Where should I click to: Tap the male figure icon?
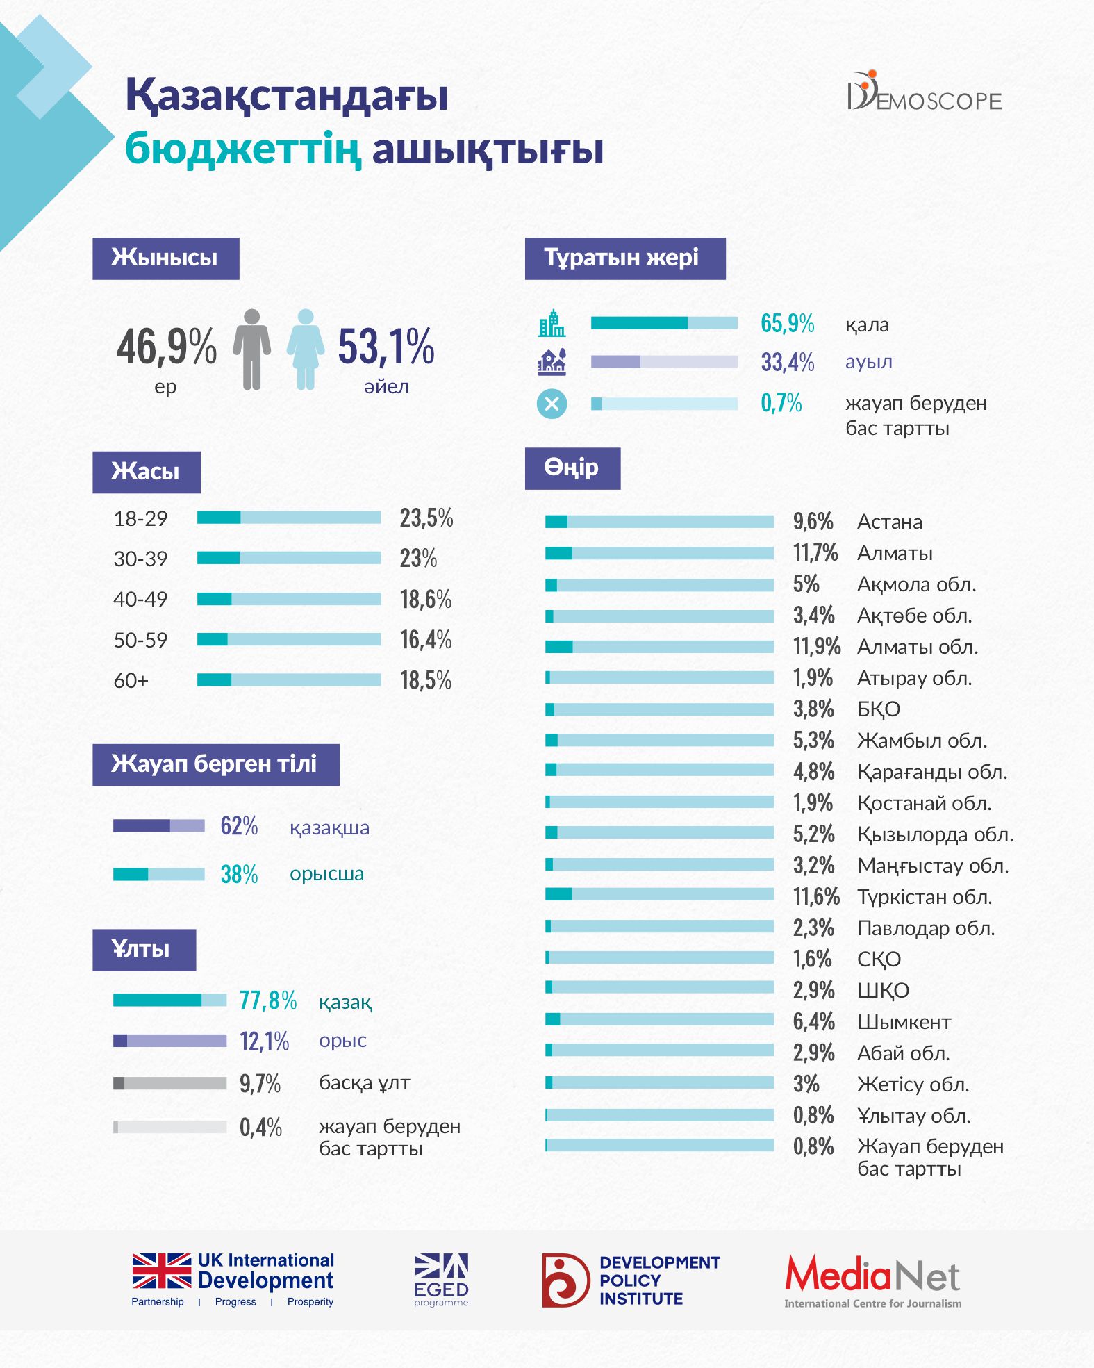pos(251,349)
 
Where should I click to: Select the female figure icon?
pos(306,349)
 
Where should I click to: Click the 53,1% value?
pos(386,346)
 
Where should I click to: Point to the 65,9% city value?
pos(787,323)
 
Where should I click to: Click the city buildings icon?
pos(552,323)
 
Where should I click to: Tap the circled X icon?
pos(552,404)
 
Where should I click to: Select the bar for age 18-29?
pos(289,518)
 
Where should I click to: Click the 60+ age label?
pos(131,680)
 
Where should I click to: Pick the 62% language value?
pos(239,826)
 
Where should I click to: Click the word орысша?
pos(326,874)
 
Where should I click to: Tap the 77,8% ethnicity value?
pos(267,1000)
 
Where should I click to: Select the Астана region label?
pos(890,522)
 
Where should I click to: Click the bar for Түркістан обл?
pos(659,895)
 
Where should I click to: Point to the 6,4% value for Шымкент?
pos(813,1021)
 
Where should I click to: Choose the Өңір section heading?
pos(572,468)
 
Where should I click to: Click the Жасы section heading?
pos(146,472)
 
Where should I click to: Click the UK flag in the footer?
pos(162,1271)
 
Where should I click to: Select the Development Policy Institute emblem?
pos(565,1280)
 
